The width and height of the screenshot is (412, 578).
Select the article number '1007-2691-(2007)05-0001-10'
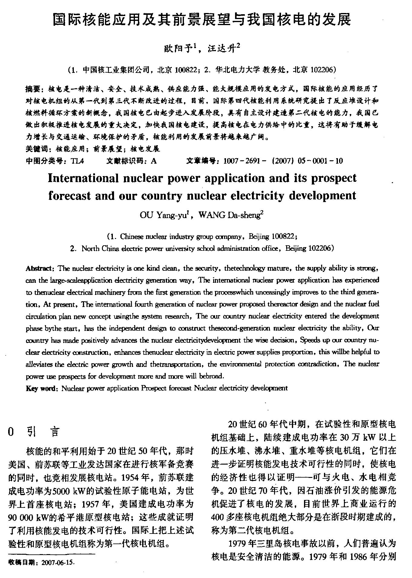[283, 161]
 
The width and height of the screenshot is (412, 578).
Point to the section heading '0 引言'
[33, 432]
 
